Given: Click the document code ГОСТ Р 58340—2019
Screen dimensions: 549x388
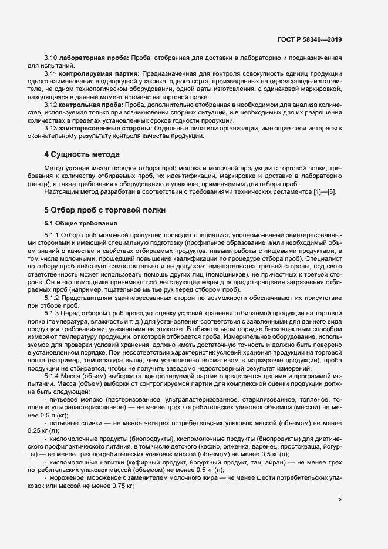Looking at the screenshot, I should click(309, 39).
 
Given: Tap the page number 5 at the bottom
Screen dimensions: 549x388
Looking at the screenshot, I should click(340, 500).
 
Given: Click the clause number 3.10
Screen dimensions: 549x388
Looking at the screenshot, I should click(51, 59).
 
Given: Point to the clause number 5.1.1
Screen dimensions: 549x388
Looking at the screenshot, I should click(52, 235).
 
